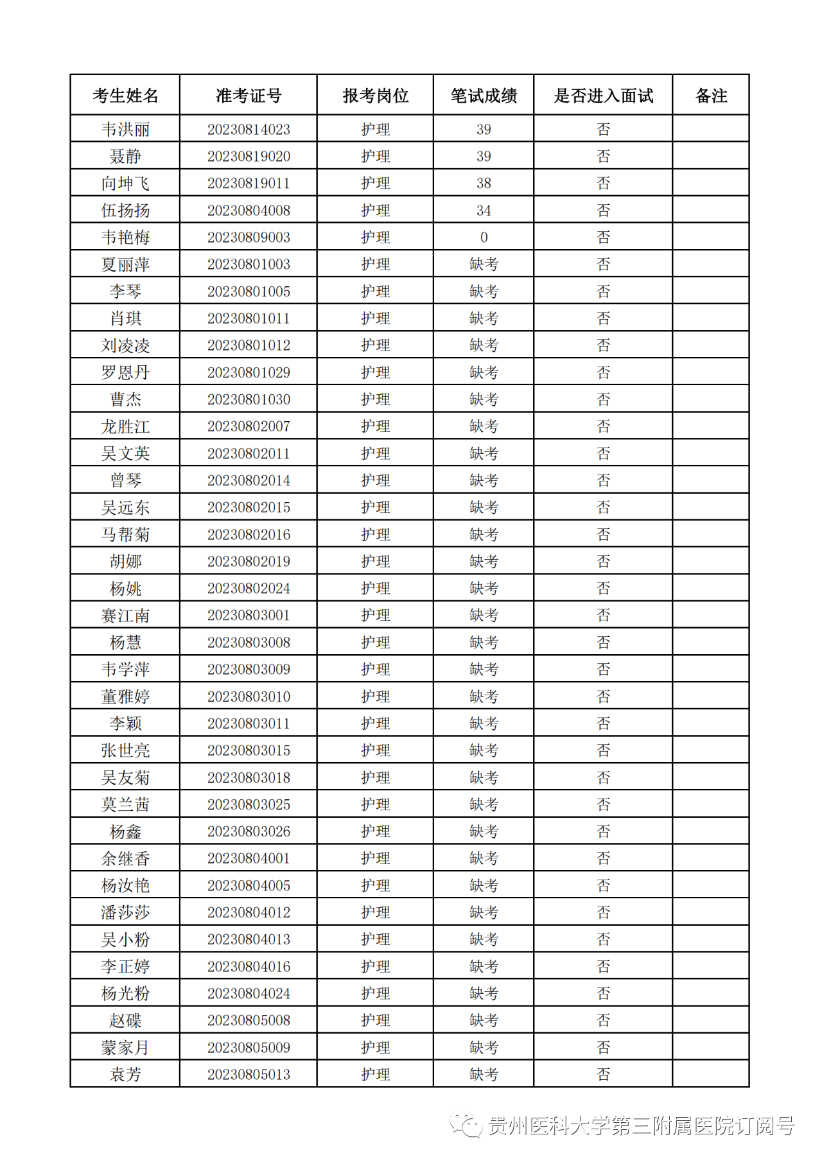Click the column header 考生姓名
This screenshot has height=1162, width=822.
[125, 96]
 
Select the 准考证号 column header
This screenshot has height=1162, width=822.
[249, 96]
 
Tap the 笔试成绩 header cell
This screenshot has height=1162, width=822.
[484, 96]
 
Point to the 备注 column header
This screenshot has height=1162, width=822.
[711, 96]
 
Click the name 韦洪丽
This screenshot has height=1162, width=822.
[125, 130]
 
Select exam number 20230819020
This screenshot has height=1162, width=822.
[249, 157]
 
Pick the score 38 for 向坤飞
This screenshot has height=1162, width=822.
[484, 184]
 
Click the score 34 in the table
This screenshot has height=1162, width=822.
[484, 211]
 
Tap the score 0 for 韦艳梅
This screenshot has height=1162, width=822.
[484, 238]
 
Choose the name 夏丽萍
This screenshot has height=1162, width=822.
[125, 264]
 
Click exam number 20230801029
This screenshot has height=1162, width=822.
[249, 372]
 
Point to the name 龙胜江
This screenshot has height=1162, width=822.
[125, 426]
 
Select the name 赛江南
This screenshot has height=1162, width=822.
[125, 616]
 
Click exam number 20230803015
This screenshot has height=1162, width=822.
[249, 750]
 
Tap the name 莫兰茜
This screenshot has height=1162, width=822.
[125, 804]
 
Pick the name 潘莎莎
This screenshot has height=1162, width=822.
[125, 912]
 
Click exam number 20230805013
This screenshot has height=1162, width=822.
[249, 1075]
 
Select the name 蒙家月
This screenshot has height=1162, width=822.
[125, 1048]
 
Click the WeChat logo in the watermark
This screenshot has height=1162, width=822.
[466, 1125]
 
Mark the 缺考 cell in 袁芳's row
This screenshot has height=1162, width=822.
[484, 1075]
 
